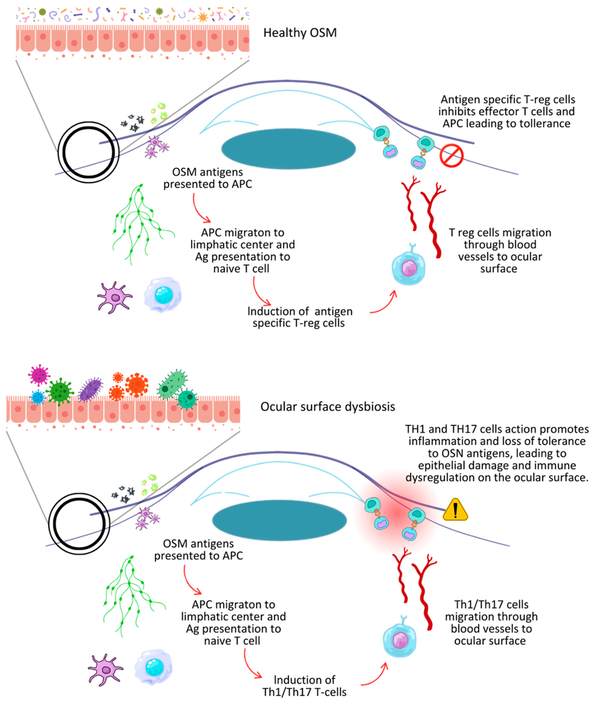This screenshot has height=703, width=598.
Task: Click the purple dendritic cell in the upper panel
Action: point(115,297)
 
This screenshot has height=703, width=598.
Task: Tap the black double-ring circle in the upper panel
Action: point(88,152)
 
